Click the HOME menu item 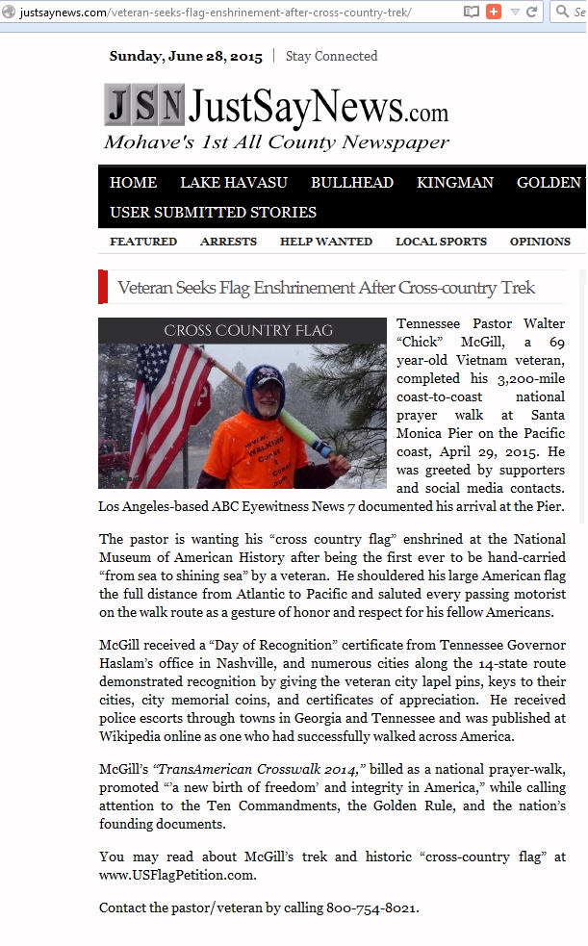coord(133,183)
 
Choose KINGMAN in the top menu coord(455,183)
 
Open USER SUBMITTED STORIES coord(213,212)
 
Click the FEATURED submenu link coord(143,242)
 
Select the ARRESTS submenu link coord(228,242)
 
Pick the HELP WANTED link coord(326,242)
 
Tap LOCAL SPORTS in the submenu coord(441,242)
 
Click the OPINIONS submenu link coord(540,242)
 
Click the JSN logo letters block coord(144,105)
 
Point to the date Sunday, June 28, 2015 coord(186,56)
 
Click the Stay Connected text coord(331,56)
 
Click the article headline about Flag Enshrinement coord(326,288)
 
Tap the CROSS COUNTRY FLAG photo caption coord(248,330)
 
